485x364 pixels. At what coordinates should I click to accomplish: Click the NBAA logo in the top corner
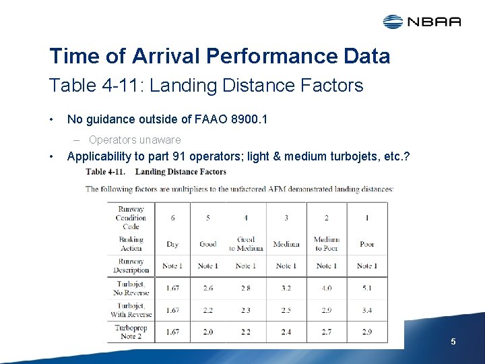[x=422, y=22]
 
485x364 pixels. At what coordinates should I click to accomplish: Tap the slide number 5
[x=453, y=342]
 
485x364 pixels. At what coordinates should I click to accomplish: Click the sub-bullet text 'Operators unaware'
[x=135, y=140]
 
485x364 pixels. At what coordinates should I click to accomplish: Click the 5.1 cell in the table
[x=367, y=288]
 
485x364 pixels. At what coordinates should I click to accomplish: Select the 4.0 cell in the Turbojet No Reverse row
[x=327, y=288]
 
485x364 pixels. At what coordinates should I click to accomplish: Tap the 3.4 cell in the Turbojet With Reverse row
[x=367, y=310]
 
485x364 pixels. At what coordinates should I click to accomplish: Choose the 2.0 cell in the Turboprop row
[x=207, y=332]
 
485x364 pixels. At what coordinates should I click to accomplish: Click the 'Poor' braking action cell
[x=367, y=244]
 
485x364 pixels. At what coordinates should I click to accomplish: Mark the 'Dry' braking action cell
[x=172, y=244]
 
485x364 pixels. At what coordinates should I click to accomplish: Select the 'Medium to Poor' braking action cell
[x=327, y=244]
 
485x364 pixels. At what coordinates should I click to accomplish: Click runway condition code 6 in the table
[x=172, y=218]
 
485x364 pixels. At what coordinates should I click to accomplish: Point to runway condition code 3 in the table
[x=286, y=218]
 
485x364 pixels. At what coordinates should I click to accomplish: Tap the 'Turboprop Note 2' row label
[x=131, y=332]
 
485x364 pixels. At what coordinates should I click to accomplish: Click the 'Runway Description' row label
[x=131, y=266]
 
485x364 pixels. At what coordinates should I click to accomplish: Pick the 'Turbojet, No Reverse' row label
[x=131, y=288]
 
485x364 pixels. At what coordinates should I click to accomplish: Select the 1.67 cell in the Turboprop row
[x=172, y=332]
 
